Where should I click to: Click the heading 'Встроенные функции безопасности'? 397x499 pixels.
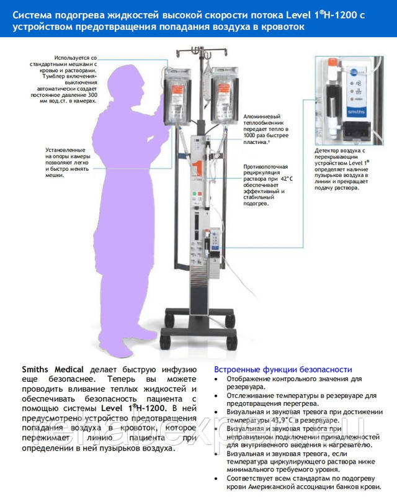click(x=282, y=369)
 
